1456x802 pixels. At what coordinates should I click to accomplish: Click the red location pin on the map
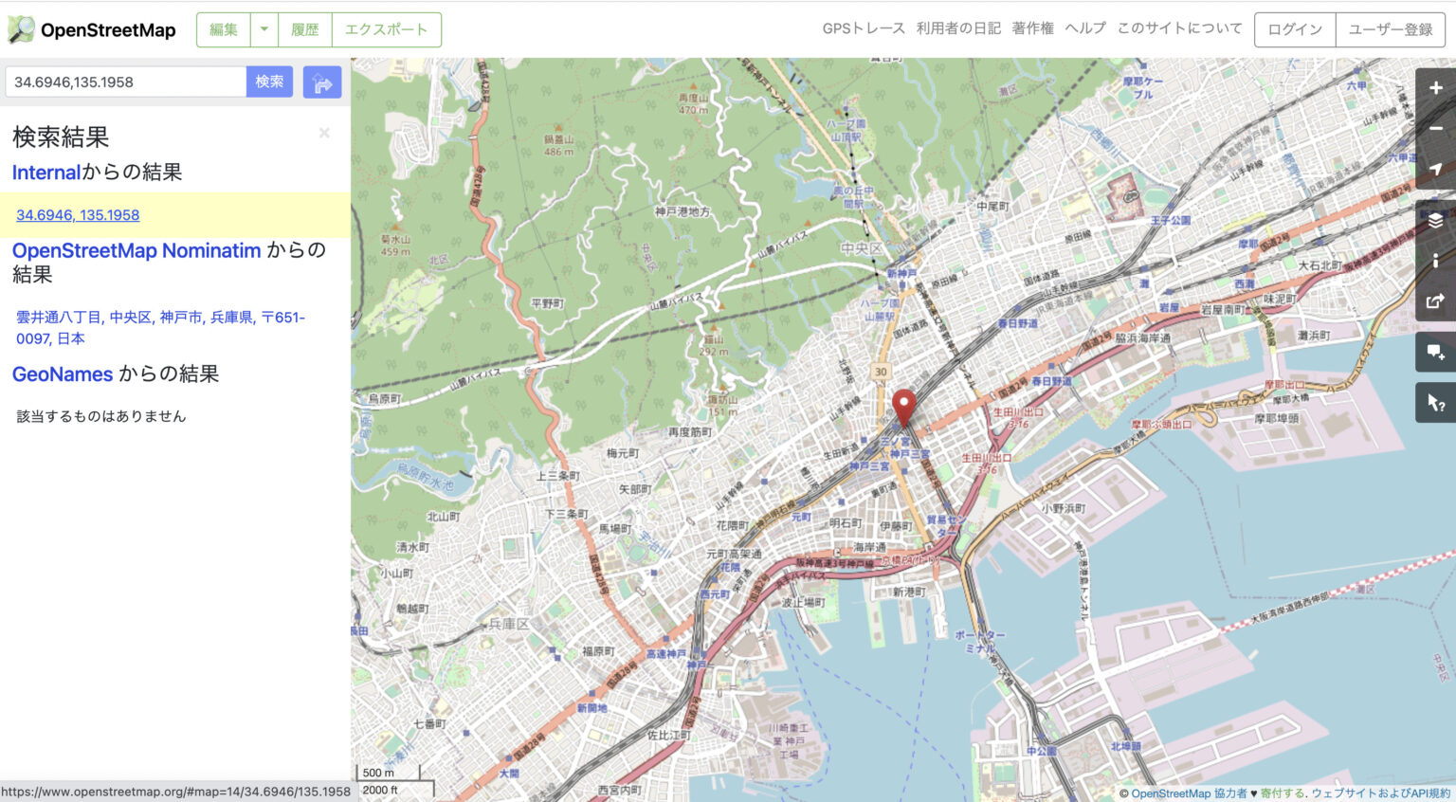pos(904,406)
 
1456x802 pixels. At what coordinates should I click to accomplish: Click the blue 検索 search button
pos(269,82)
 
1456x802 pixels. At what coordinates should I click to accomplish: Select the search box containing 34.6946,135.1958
pos(126,82)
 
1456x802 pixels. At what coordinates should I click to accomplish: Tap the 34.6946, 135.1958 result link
pos(78,215)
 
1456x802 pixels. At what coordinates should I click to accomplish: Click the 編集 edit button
pos(224,29)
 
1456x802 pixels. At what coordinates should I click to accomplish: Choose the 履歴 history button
pos(305,29)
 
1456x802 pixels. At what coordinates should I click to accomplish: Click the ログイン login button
pos(1295,29)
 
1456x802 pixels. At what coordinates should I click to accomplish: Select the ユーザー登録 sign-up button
pos(1391,29)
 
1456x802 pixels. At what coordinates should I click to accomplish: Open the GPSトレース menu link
pos(864,28)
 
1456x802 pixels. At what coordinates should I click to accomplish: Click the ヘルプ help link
pos(1085,28)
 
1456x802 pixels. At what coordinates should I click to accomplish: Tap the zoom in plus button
pos(1436,88)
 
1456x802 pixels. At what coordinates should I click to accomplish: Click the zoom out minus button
pos(1436,128)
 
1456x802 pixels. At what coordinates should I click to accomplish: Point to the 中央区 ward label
pos(862,248)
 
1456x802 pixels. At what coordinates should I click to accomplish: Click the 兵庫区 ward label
pos(509,624)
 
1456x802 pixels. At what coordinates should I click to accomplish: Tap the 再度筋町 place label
pos(690,432)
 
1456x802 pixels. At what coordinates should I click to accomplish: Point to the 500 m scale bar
pos(379,773)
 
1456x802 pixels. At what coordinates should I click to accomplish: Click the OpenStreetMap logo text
pos(107,30)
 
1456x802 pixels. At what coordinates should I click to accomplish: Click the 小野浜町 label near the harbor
pos(1065,509)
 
